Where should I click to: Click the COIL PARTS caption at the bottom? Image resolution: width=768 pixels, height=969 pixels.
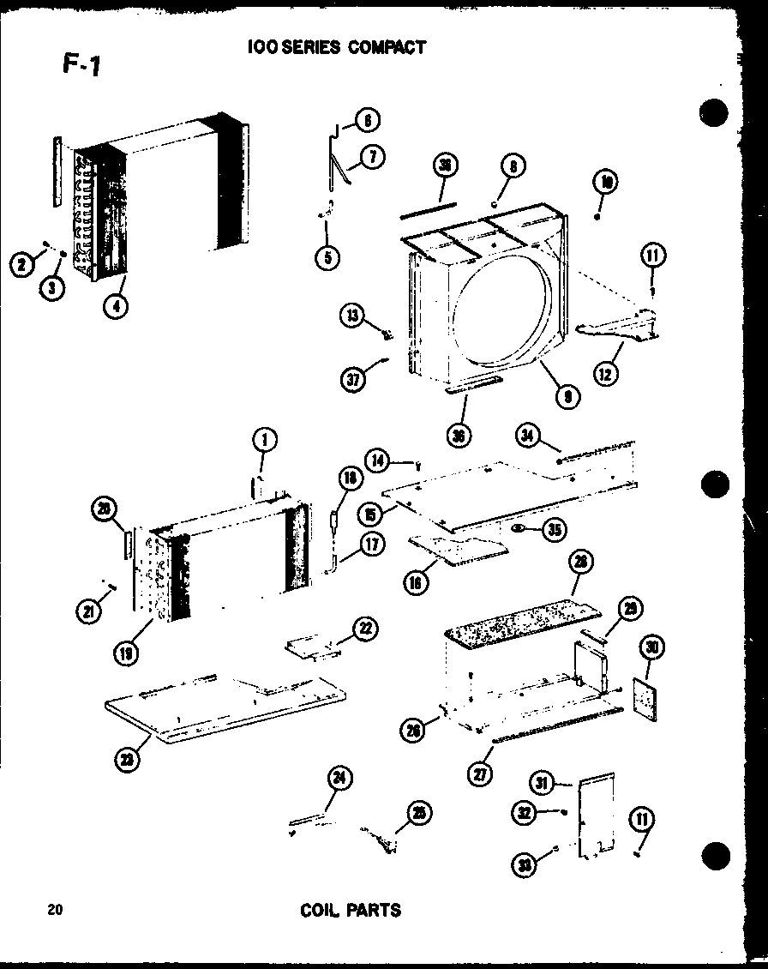(x=351, y=909)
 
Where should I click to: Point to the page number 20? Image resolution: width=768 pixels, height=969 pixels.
(x=56, y=910)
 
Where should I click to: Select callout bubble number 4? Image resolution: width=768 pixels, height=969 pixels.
(x=112, y=304)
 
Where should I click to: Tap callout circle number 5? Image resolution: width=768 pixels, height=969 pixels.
(x=327, y=256)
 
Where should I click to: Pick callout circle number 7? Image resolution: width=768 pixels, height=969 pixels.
(x=373, y=156)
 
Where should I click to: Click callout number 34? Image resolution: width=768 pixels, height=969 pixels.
(x=528, y=437)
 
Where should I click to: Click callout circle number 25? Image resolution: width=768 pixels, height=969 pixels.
(x=419, y=813)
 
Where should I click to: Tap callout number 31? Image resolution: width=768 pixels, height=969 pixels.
(x=542, y=782)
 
